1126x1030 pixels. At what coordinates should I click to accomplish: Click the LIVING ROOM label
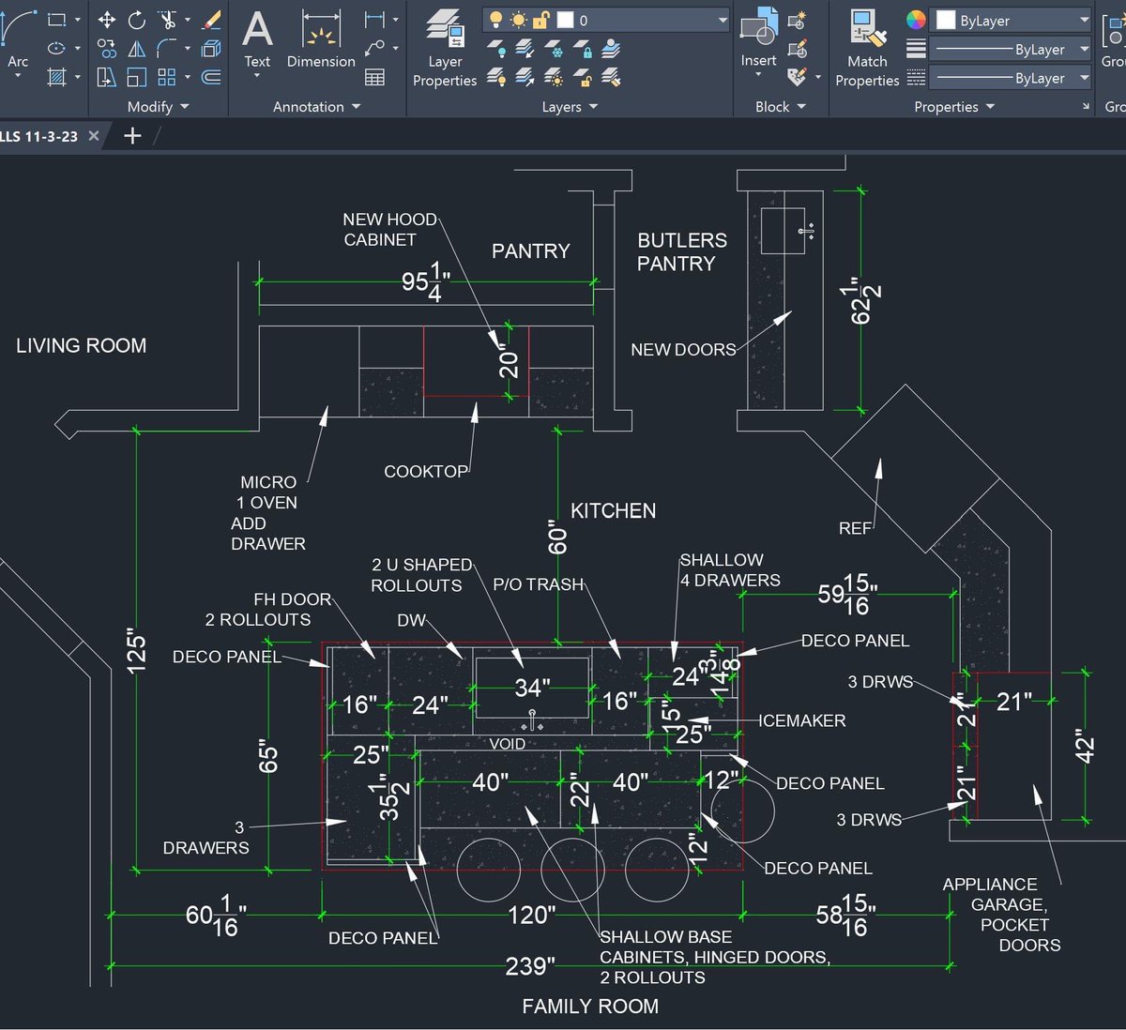click(82, 345)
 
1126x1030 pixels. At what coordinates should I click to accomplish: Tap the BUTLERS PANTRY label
click(681, 251)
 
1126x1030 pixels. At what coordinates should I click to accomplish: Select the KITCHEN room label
click(613, 511)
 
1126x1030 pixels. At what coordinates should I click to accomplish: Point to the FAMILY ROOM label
click(590, 1007)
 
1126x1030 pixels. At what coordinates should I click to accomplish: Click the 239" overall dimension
click(530, 966)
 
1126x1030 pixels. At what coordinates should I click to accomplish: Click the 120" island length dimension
click(531, 915)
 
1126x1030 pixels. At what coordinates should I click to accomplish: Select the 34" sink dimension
click(532, 688)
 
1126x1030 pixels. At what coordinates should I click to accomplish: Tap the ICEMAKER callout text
click(802, 720)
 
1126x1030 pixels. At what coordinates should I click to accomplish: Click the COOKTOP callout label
click(425, 471)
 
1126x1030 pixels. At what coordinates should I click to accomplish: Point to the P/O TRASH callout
click(538, 584)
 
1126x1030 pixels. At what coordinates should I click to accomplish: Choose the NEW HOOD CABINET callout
click(388, 229)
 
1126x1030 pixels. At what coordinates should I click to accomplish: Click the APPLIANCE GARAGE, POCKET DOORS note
click(1000, 915)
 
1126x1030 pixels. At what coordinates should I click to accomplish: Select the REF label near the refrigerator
click(854, 528)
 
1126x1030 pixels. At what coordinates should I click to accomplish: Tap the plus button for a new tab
click(132, 136)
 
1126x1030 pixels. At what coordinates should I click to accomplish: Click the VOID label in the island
click(507, 744)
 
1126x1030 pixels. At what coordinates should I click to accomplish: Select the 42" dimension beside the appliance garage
click(1085, 748)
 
